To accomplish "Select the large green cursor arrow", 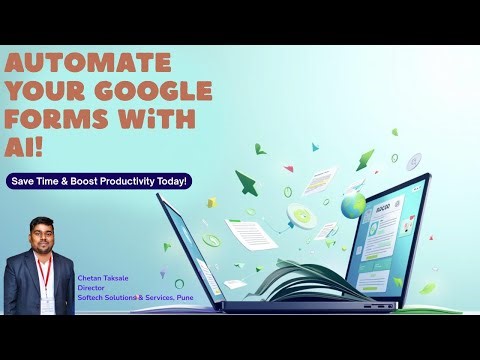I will point(246,183).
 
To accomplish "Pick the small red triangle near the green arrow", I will point(288,169).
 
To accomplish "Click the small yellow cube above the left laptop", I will point(211,203).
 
